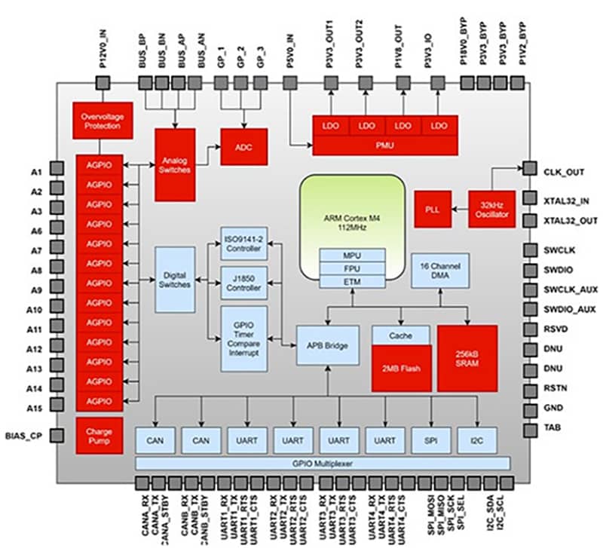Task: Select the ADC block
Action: (243, 147)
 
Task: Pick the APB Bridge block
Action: (327, 346)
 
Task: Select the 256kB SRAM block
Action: (467, 357)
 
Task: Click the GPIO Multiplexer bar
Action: (323, 463)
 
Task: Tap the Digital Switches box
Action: (175, 279)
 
